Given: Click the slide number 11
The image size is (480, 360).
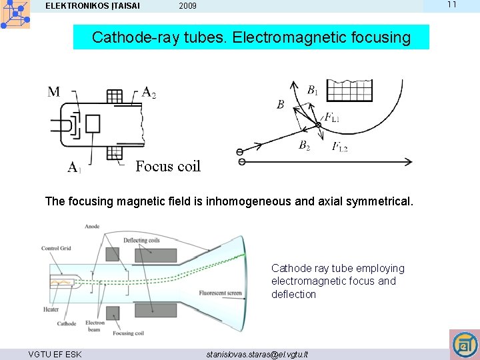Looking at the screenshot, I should (451, 5).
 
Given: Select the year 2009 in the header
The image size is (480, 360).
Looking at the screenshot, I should (187, 7).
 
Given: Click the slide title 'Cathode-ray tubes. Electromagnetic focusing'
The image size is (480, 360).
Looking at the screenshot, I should (251, 37).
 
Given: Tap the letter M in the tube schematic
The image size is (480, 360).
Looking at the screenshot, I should (54, 91).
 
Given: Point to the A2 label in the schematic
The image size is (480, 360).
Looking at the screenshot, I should (149, 92).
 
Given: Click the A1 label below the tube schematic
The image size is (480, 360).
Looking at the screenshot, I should (74, 167).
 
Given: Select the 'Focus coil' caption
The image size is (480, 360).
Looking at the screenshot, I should (167, 167).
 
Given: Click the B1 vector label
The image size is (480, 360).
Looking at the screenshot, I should (313, 89).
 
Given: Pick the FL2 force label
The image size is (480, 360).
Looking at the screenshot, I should (340, 147).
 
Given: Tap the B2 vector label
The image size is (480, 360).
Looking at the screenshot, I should (304, 145).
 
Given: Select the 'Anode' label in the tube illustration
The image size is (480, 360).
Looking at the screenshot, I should (92, 227).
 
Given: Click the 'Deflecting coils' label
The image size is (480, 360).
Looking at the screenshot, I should (141, 241).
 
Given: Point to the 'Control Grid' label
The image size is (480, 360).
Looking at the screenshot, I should (56, 248).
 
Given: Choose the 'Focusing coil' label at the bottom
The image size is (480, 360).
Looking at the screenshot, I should (129, 333).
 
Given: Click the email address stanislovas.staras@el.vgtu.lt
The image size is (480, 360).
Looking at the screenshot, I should (257, 354).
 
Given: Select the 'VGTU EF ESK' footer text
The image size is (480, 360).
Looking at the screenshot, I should (55, 354).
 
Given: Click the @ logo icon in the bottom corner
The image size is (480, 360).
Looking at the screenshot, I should (464, 345).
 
